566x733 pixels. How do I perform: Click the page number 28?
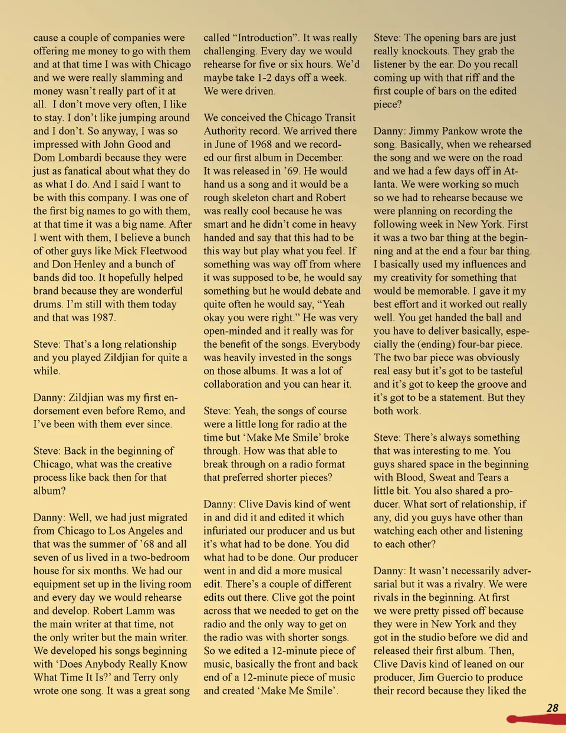click(552, 708)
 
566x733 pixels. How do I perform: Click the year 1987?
click(101, 318)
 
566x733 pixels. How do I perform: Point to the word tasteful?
click(499, 371)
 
